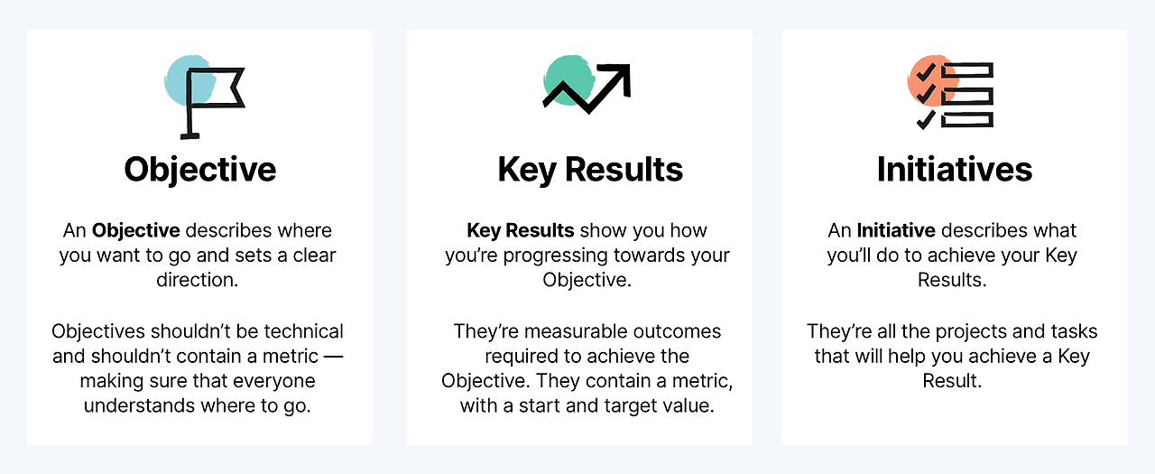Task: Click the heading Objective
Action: click(199, 170)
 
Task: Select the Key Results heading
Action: click(590, 170)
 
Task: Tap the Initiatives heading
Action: click(954, 170)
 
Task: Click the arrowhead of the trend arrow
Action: click(619, 76)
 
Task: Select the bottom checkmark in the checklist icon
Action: click(925, 119)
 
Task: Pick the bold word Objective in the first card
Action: click(135, 230)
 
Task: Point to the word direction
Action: click(198, 279)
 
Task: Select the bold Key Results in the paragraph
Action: click(520, 230)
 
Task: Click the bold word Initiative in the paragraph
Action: click(895, 230)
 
